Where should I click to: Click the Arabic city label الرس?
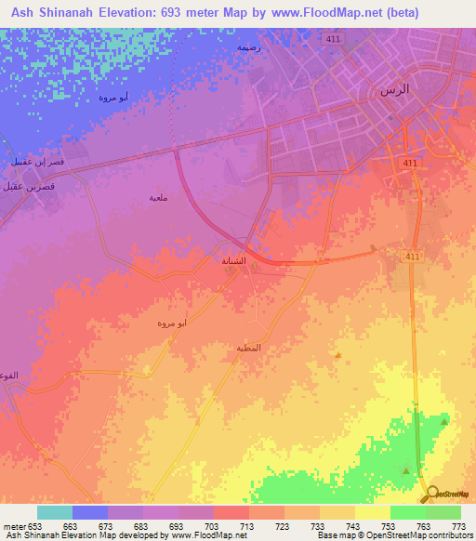(x=389, y=90)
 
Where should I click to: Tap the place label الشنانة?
(x=233, y=261)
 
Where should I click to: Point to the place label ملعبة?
(x=159, y=197)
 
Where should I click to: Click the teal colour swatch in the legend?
(x=55, y=512)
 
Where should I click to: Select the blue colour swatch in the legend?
(x=90, y=512)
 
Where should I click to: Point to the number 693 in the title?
(x=183, y=13)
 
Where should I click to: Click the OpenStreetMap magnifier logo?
(x=433, y=493)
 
